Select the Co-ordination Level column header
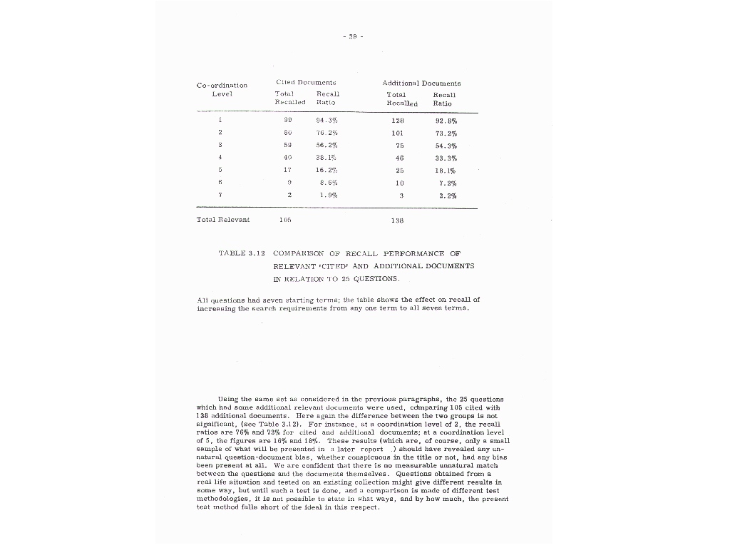tap(222, 90)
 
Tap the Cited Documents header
tap(306, 83)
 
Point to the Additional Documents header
tap(421, 83)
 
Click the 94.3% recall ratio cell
tap(327, 121)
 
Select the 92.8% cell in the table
tap(445, 121)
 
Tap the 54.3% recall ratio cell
tap(445, 145)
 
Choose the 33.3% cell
tap(445, 158)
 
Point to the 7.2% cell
tap(446, 183)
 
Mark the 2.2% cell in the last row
tap(446, 195)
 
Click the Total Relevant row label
tap(223, 220)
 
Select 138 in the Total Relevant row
tap(397, 220)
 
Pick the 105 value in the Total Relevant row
tap(285, 220)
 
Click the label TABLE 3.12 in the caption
tap(242, 253)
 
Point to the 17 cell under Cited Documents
tap(287, 170)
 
